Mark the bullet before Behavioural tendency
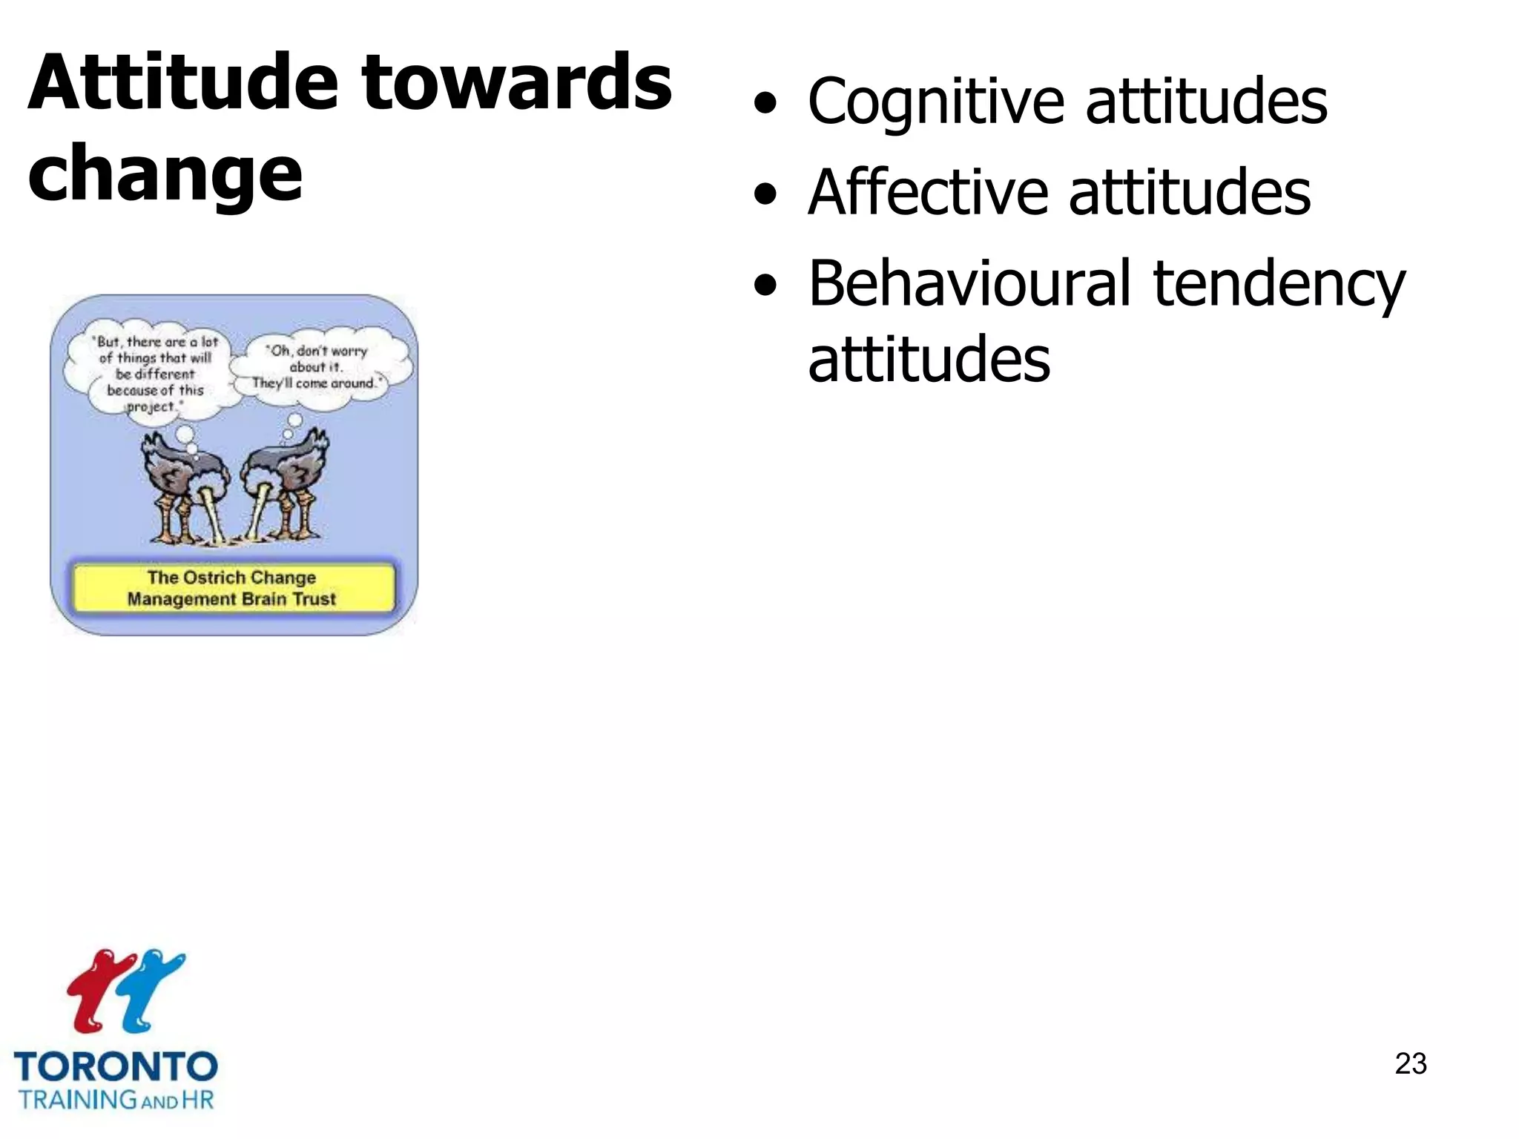point(765,286)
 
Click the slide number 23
point(1410,1063)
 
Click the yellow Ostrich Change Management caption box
point(233,588)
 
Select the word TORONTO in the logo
point(116,1067)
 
